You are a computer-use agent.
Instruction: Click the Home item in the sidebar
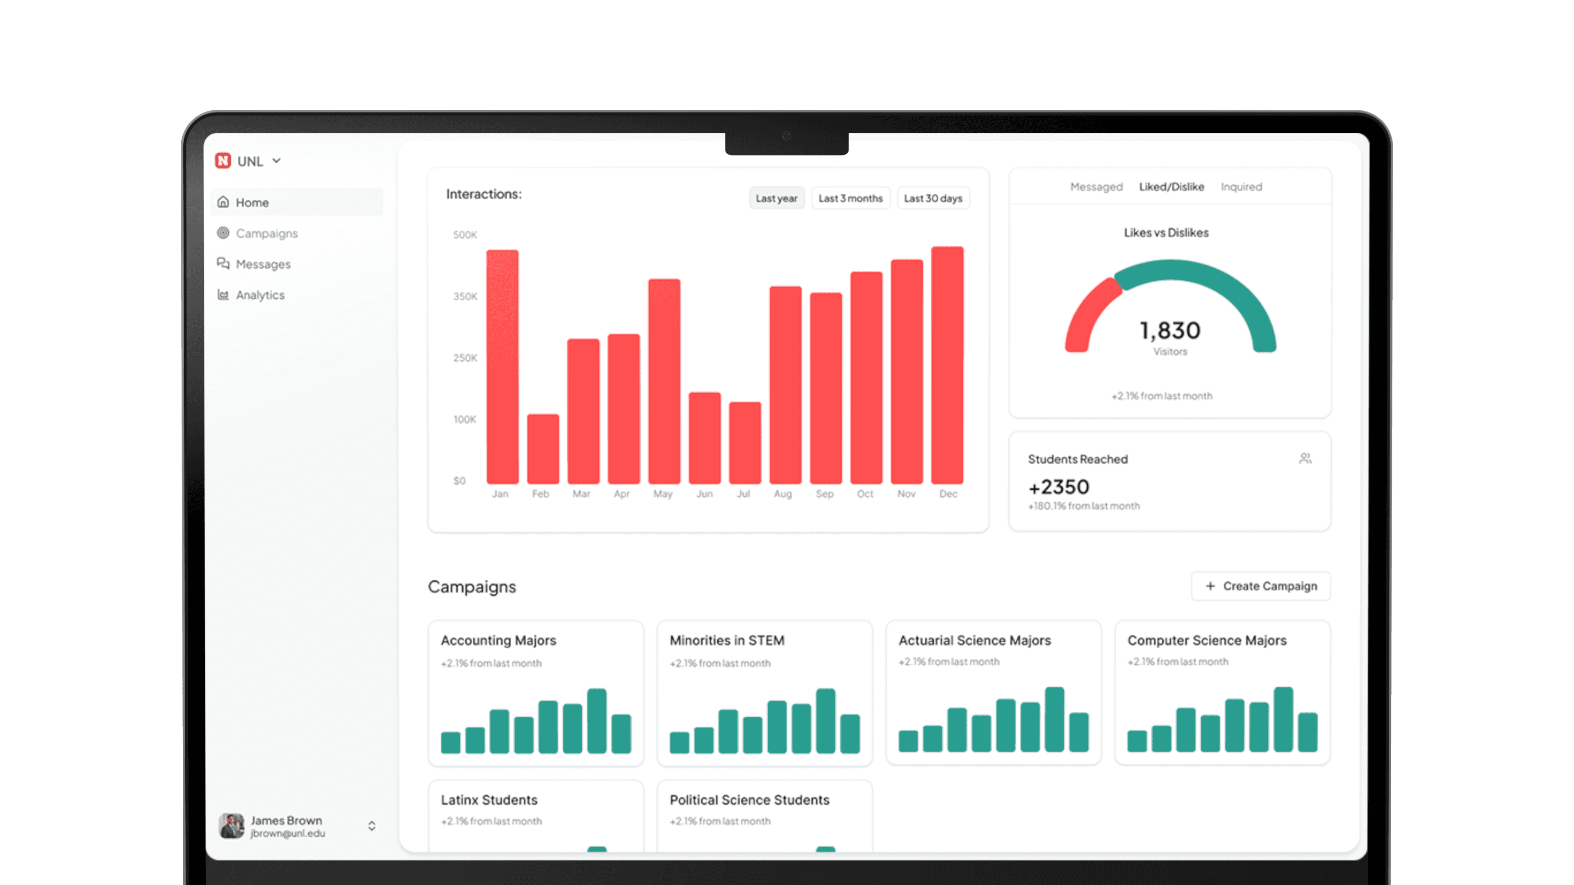[x=252, y=202]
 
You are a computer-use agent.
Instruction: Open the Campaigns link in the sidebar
[x=266, y=233]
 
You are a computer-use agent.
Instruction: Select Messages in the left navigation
[x=263, y=264]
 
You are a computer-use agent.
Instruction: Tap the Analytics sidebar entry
[x=260, y=295]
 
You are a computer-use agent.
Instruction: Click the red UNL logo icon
[x=223, y=161]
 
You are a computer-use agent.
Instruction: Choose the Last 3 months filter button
[x=850, y=198]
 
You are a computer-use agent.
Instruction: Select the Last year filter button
[x=776, y=198]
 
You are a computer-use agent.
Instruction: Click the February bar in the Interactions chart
[x=543, y=449]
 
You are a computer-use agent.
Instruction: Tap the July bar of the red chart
[x=745, y=443]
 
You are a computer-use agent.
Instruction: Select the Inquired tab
[x=1241, y=187]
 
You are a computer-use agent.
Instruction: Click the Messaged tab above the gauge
[x=1096, y=187]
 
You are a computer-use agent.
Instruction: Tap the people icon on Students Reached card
[x=1305, y=459]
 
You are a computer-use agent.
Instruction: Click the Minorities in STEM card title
[x=726, y=640]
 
